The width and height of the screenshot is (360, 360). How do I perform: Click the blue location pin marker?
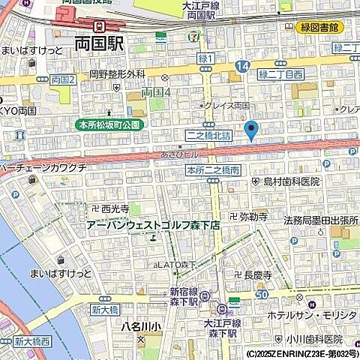point(251,129)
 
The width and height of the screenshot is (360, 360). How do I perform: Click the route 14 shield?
point(241,67)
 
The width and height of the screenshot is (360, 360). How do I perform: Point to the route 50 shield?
point(261,295)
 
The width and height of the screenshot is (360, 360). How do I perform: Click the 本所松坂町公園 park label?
point(109,124)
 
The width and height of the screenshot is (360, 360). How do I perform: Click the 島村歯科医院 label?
point(290,181)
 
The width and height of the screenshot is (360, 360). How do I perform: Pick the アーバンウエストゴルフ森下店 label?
point(153,224)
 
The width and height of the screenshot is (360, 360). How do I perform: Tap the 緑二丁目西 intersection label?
point(281,74)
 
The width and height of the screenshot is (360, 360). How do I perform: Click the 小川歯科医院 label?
point(313,339)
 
